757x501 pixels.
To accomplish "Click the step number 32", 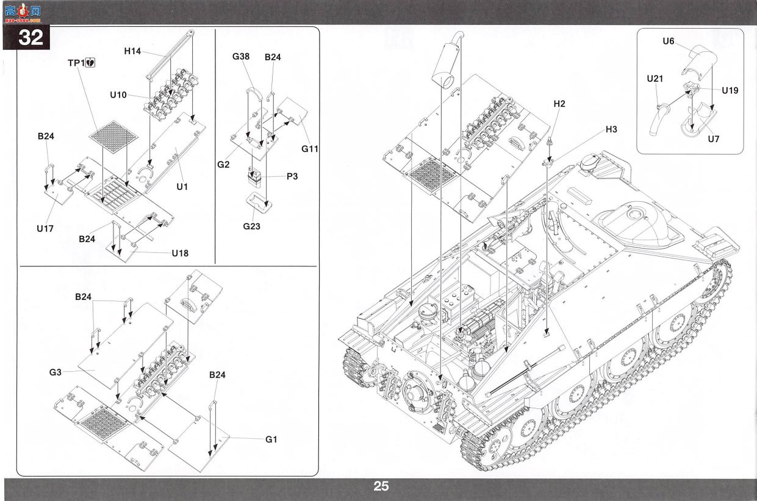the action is (30, 37).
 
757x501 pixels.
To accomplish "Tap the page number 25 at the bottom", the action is (381, 486).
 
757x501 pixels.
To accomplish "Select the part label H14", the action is (132, 51).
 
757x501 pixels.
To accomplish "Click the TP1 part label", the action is (76, 63).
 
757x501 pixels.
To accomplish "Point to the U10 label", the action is (118, 95).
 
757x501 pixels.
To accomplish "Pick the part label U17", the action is (45, 229).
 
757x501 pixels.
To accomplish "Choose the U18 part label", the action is (180, 253).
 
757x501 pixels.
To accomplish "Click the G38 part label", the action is (241, 57).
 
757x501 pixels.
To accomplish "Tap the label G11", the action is (309, 149).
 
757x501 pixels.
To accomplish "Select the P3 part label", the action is (292, 177).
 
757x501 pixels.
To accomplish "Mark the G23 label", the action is (252, 226).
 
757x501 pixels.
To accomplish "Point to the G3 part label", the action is (56, 372).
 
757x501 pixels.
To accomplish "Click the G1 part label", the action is (271, 439).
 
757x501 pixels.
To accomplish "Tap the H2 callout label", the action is (559, 104).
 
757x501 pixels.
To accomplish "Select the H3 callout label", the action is (611, 129).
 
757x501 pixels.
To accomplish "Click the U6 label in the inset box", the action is (669, 41).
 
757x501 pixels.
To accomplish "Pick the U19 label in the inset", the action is (730, 90).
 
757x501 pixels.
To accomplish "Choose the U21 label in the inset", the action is (655, 79).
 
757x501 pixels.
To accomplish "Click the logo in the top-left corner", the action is (23, 13).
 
